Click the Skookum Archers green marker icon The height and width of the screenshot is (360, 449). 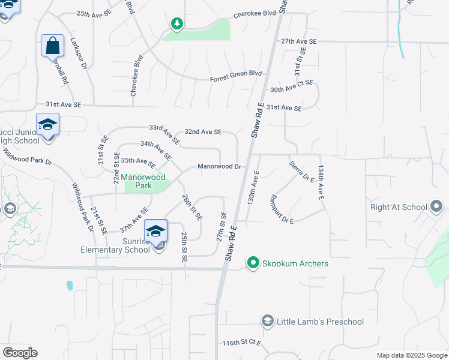coord(254,263)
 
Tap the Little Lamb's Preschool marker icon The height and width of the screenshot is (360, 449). coord(267,322)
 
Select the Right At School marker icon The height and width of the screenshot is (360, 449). coord(437,207)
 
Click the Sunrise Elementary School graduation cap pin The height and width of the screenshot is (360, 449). coord(155,231)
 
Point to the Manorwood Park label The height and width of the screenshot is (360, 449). coord(144,182)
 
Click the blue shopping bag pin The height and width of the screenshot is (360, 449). coord(53,45)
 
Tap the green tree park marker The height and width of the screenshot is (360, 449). coord(176,24)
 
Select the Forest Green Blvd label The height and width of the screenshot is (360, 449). coord(236,74)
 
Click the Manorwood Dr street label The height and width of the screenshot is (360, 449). coord(219,167)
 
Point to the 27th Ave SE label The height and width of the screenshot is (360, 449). coord(298,41)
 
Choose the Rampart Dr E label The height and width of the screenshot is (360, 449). coord(282,209)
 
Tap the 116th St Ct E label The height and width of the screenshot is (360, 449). coord(241,343)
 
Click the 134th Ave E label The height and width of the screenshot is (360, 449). coord(321,182)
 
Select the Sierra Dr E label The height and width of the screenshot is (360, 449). coord(302,170)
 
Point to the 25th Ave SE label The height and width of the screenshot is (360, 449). coord(94,13)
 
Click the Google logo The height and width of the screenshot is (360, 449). coord(20,353)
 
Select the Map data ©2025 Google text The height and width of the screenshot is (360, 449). coord(412,356)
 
